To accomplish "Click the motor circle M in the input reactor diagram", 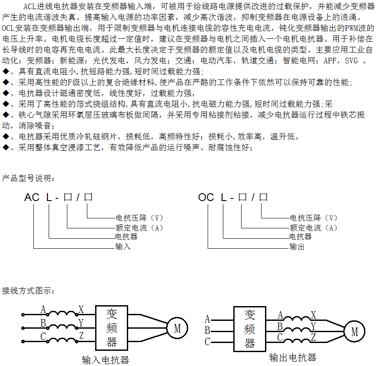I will pos(177,329).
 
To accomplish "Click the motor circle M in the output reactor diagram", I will pos(354,332).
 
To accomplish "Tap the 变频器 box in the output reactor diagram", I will pos(249,329).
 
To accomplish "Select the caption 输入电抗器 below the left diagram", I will pos(106,360).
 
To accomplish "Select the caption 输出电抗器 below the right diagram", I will pos(293,358).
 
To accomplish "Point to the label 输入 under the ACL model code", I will pos(123,247).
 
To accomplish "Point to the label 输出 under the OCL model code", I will pos(297,247).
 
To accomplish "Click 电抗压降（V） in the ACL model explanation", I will pos(139,218).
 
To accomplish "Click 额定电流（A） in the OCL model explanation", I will pos(313,228).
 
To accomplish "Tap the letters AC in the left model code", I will pos(32,198).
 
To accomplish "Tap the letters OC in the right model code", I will pos(206,198).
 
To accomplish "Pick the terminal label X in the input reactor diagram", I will pos(81,310).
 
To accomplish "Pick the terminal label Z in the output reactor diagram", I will pos(313,337).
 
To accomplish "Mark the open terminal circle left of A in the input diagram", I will pos(23,314).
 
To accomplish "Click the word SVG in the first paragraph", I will pos(351,61).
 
